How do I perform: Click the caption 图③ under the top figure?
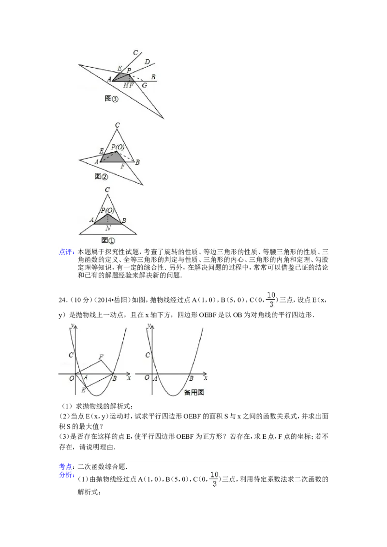[111, 99]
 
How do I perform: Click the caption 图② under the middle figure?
[101, 176]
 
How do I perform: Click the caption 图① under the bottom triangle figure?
[107, 239]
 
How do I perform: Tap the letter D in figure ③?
[147, 61]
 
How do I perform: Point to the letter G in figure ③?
[144, 86]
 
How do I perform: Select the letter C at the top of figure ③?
[135, 52]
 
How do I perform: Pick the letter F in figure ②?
[123, 166]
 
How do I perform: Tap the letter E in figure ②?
[101, 151]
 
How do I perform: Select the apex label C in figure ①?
[107, 190]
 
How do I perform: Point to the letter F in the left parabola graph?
[101, 357]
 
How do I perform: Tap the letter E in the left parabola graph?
[83, 390]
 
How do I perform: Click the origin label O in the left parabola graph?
[72, 378]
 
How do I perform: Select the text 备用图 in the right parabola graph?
[194, 392]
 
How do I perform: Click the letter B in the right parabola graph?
[191, 378]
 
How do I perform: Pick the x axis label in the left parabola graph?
[129, 378]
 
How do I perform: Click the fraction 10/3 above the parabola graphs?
[270, 299]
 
